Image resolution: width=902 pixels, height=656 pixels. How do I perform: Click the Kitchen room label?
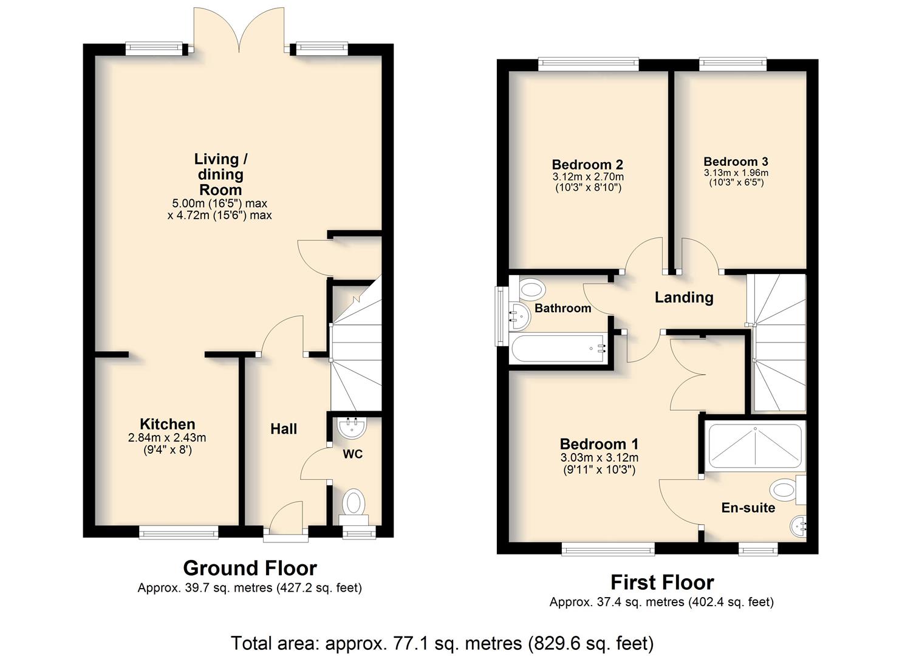(x=168, y=424)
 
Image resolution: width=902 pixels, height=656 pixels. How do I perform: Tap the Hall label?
(x=284, y=429)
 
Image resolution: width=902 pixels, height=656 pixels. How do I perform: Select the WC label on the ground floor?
(x=353, y=454)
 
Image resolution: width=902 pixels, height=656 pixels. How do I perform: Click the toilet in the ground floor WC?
(x=354, y=506)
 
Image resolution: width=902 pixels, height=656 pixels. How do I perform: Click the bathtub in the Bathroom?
(x=558, y=347)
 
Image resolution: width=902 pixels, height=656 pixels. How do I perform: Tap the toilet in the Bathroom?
(x=531, y=290)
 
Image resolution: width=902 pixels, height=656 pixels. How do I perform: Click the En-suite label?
(x=748, y=507)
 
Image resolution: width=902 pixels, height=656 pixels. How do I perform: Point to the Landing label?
(x=684, y=298)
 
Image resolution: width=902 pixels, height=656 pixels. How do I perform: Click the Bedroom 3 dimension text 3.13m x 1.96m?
(x=736, y=173)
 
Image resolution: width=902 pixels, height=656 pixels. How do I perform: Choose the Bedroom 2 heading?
(x=587, y=164)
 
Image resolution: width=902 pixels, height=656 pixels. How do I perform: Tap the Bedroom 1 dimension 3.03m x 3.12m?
(x=599, y=458)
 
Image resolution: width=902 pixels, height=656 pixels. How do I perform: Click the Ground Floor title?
(x=250, y=568)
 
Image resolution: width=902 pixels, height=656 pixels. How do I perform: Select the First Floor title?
(x=663, y=583)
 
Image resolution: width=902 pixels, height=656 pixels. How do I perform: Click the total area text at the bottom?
(x=442, y=643)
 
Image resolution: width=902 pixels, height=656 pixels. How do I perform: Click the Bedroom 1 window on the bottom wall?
(x=608, y=549)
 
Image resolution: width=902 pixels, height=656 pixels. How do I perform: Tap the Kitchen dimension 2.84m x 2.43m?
(x=167, y=438)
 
